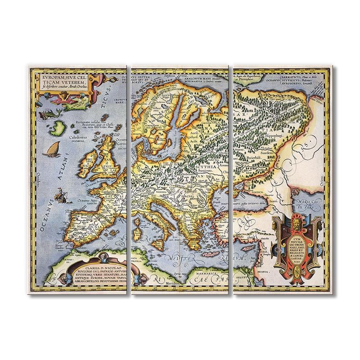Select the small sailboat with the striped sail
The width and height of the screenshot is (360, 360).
(53, 148)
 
